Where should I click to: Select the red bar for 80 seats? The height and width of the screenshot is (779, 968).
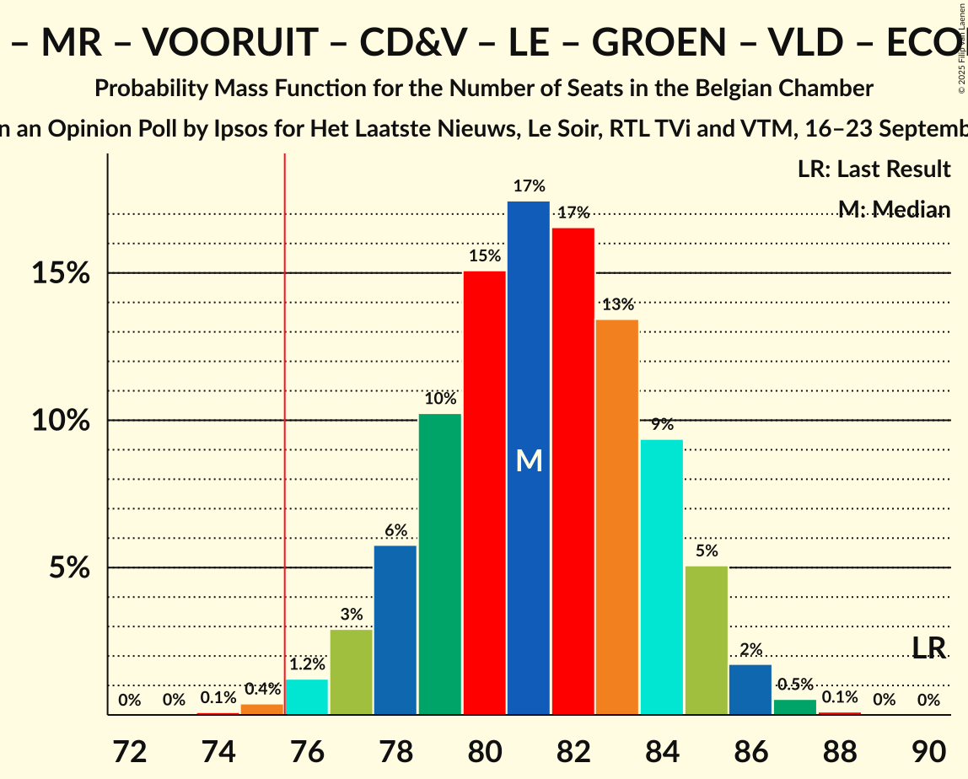(x=484, y=492)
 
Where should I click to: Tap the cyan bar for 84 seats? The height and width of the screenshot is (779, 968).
(x=662, y=577)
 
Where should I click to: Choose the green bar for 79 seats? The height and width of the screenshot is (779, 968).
(x=440, y=564)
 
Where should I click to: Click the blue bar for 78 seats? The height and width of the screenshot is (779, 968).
(x=395, y=630)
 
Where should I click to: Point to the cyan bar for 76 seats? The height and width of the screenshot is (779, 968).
(x=307, y=696)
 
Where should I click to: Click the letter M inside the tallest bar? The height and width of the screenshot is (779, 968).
(x=529, y=459)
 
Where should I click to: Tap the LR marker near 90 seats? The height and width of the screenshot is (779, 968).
(x=928, y=647)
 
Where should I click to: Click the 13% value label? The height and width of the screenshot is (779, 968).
(x=617, y=304)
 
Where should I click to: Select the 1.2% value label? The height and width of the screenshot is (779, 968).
(x=307, y=664)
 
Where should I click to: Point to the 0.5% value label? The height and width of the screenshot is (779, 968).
(x=795, y=685)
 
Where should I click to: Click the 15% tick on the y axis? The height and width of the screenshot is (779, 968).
(x=62, y=273)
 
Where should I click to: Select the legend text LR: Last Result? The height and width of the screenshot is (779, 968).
(x=874, y=169)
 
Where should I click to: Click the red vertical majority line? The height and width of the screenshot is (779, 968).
(x=285, y=422)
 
